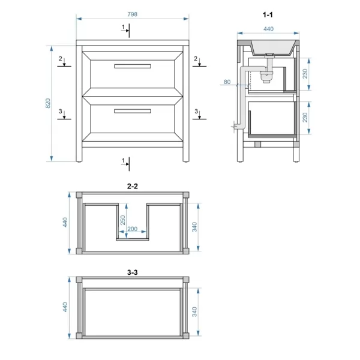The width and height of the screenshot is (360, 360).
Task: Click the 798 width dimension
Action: [132, 14]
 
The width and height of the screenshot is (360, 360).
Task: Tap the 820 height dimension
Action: [48, 103]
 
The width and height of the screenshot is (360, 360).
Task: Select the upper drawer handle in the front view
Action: [133, 66]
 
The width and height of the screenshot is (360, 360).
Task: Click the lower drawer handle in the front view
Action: [133, 111]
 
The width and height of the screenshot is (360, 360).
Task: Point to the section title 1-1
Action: [268, 15]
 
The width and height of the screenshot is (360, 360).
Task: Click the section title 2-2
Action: [133, 186]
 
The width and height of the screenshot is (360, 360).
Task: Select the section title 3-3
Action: [133, 272]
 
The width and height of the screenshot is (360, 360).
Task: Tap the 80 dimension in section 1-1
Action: [227, 82]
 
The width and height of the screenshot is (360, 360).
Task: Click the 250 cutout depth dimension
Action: [123, 220]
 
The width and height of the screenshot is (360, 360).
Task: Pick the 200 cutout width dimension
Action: [133, 229]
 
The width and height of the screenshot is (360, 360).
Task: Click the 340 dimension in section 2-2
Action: [194, 227]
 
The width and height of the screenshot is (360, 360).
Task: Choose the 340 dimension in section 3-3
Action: [194, 312]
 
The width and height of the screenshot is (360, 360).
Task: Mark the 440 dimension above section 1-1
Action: [268, 29]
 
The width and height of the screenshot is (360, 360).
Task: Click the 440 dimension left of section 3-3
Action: [65, 307]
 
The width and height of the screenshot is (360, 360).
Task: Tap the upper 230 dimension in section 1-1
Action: [305, 74]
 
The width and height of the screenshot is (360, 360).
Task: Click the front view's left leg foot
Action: [79, 161]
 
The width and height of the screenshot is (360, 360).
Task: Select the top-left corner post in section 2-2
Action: [79, 195]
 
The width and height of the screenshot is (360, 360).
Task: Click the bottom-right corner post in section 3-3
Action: [186, 336]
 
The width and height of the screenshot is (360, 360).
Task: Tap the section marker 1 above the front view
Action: [123, 27]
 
